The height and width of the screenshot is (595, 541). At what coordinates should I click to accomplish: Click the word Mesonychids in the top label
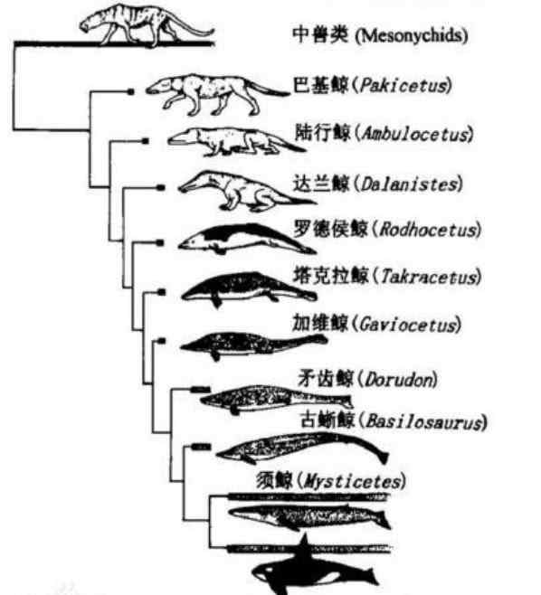coord(411,36)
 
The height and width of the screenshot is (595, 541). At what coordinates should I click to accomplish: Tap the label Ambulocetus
coord(416,134)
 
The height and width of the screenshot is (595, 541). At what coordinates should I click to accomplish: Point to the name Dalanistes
coord(409,184)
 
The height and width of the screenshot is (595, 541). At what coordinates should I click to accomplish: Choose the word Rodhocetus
coord(428,230)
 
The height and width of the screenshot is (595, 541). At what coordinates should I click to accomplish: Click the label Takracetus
coord(429,277)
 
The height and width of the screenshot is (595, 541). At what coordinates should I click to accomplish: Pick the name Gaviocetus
coord(408,325)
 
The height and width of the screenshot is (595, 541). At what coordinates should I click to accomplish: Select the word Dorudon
coord(399,380)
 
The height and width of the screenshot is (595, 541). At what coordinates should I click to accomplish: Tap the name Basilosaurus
coord(424,421)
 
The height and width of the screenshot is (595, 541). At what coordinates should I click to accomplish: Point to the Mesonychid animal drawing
coord(147,24)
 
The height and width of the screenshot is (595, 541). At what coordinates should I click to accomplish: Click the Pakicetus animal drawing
coord(217,95)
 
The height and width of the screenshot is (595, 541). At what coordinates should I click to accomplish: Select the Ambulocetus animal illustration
coord(236,142)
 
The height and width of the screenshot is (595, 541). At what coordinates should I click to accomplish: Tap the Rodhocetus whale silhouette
coord(247,239)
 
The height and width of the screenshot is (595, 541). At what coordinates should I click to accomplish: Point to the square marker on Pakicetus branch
coord(130,91)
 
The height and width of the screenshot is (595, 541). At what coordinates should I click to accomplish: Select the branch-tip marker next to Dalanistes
coord(161,187)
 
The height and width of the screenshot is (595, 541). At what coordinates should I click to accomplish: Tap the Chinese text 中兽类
coord(321,35)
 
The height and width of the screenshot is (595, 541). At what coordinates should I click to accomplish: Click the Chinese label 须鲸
coord(274,481)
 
